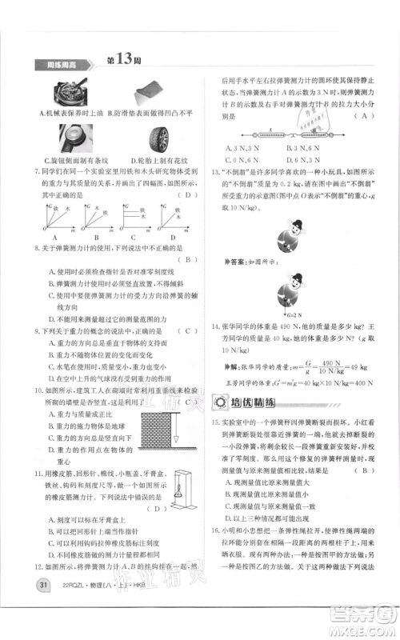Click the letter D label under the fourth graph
click(169, 237)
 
